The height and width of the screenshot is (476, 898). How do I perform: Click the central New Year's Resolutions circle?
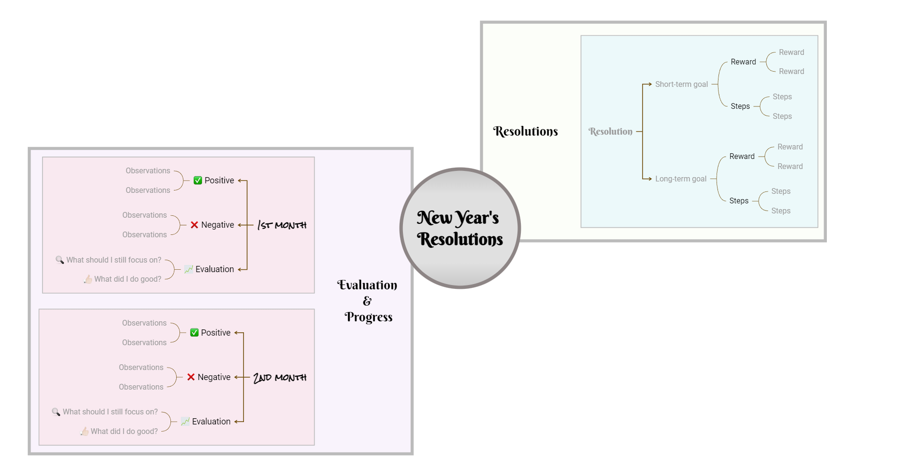(x=460, y=228)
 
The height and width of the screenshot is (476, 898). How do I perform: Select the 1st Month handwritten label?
(x=282, y=225)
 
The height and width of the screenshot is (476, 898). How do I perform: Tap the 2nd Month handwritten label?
(x=280, y=377)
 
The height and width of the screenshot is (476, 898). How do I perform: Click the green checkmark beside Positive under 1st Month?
(x=198, y=180)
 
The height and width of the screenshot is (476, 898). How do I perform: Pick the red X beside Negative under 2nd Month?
(x=191, y=377)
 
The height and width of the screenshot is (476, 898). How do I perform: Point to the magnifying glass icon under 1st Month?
(x=60, y=260)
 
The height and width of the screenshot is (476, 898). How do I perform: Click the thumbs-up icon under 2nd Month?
(x=85, y=431)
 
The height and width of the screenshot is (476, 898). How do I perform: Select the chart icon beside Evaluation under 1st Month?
(x=189, y=269)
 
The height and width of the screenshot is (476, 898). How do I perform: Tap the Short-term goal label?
(x=681, y=85)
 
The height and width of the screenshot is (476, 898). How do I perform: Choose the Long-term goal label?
(x=681, y=179)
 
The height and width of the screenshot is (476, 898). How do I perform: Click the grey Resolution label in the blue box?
(x=610, y=131)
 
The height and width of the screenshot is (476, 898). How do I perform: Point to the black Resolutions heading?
(x=525, y=131)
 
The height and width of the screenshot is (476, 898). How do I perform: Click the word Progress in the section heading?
(x=369, y=317)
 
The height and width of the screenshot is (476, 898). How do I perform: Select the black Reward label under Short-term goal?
(x=743, y=62)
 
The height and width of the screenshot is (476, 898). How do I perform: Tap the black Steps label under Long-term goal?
(x=739, y=201)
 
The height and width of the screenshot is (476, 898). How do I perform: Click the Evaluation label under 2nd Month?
(x=211, y=422)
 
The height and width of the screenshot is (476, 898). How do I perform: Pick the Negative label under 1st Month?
(x=217, y=225)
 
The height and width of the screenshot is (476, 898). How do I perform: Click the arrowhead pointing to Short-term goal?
(x=650, y=85)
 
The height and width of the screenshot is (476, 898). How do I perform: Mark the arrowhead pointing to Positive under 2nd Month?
(x=236, y=333)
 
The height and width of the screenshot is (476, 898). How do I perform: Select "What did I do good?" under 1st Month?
(x=127, y=279)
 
